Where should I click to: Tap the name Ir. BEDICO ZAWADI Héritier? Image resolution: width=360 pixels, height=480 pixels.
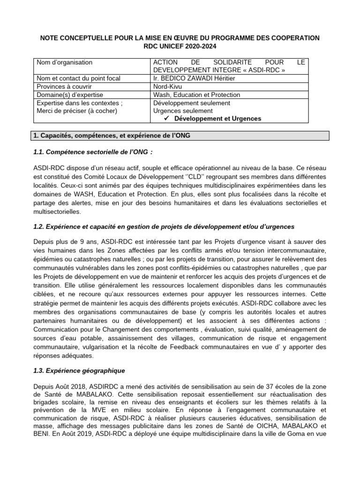pos(195,78)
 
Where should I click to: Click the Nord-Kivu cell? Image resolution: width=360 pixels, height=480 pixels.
pos(167,87)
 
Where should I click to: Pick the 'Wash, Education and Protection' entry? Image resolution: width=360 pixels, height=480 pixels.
pos(197,95)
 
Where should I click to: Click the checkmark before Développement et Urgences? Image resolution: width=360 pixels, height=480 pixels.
pos(167,119)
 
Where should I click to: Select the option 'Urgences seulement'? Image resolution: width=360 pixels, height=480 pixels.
pos(183,111)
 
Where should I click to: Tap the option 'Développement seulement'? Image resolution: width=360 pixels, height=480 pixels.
pos(192,103)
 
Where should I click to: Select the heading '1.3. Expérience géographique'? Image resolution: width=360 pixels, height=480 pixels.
pos(79,370)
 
